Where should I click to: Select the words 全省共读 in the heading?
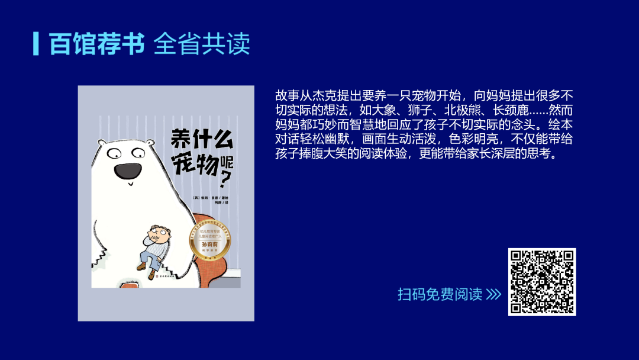coord(202,43)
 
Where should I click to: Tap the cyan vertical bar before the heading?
coord(37,43)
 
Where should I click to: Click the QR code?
coord(542,282)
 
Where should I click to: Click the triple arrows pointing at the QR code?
coord(493,294)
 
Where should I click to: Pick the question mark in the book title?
coord(224,176)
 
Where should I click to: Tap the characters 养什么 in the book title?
coord(202,137)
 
